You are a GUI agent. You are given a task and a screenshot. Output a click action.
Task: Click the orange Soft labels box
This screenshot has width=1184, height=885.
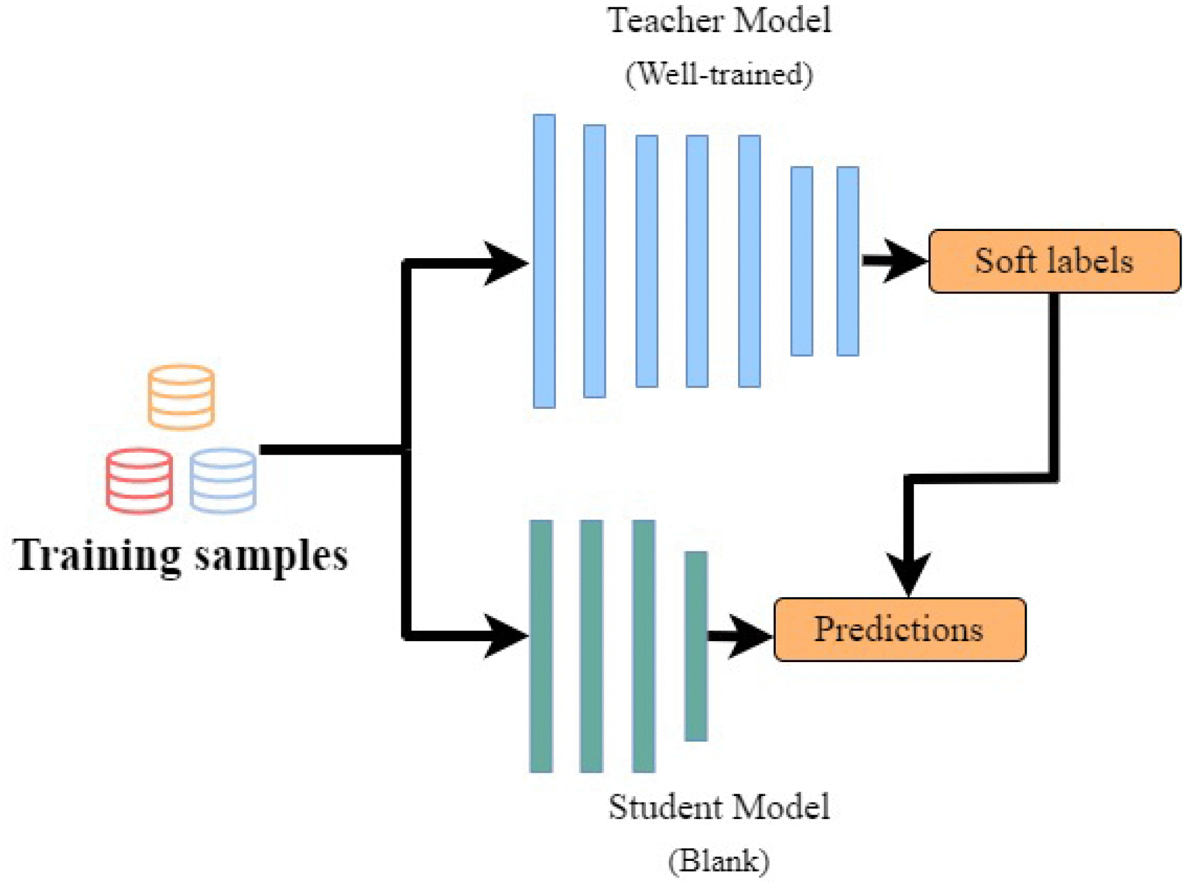click(x=1054, y=261)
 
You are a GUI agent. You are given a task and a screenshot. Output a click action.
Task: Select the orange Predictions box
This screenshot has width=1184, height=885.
click(x=899, y=629)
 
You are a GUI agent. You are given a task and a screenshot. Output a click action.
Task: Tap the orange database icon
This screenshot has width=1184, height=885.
click(x=181, y=396)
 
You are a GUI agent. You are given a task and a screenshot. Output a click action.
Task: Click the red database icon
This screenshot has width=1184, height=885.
click(x=139, y=480)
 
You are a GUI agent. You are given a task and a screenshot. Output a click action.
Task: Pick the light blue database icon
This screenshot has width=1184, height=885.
click(x=223, y=480)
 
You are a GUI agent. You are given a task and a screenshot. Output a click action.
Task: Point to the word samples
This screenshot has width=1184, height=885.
click(x=272, y=556)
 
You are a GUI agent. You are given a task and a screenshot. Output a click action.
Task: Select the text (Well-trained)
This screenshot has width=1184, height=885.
click(x=719, y=74)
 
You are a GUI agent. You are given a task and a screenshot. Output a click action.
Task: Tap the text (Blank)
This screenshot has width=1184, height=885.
click(x=719, y=860)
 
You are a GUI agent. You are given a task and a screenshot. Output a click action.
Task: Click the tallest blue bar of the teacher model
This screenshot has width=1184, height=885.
click(x=544, y=261)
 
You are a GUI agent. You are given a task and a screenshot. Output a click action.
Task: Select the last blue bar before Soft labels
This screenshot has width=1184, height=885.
click(x=847, y=261)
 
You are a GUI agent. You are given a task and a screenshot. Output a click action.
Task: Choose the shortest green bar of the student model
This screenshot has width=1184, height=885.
click(x=695, y=645)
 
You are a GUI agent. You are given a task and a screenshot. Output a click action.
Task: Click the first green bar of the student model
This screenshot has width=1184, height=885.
click(x=541, y=645)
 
